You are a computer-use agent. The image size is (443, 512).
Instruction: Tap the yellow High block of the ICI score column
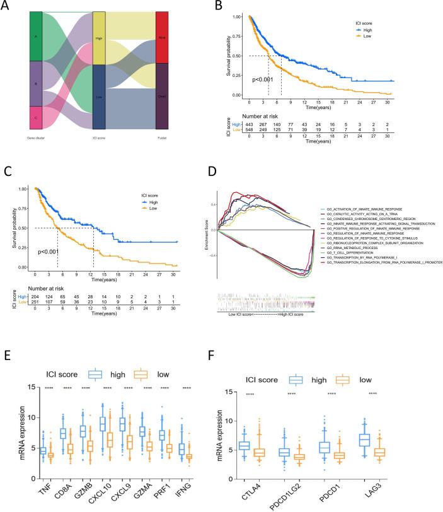click(x=99, y=37)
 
